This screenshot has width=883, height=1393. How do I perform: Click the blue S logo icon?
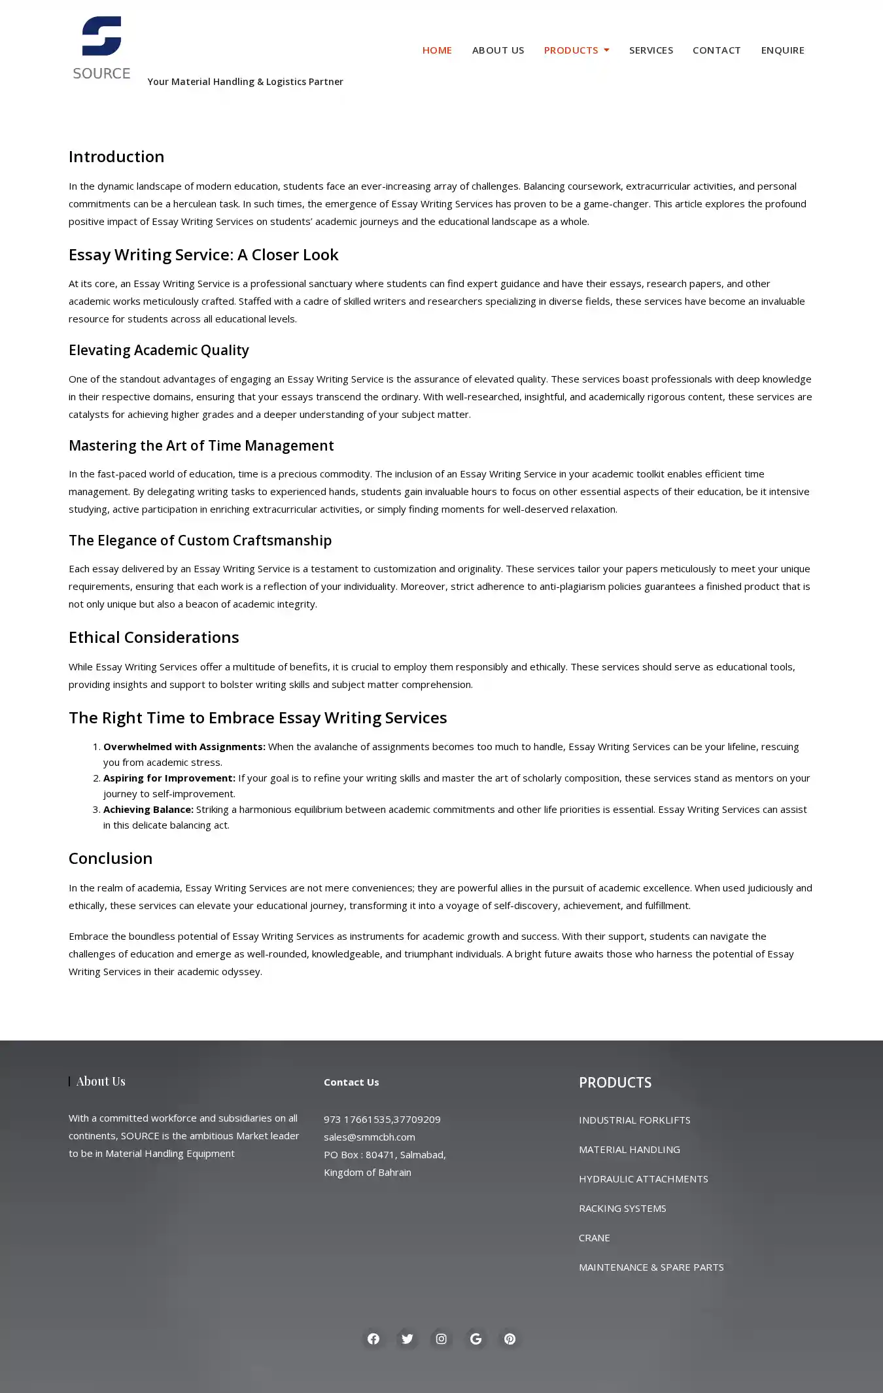point(101,36)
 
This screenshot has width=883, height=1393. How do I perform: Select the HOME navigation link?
point(437,50)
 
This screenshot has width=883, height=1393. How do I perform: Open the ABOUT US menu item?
point(498,50)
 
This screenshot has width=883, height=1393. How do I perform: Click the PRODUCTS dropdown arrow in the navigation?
point(606,50)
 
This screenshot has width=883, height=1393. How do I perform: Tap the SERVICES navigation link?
point(651,50)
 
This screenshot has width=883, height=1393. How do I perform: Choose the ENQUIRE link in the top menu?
point(782,50)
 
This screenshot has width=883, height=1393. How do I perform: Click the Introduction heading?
point(116,157)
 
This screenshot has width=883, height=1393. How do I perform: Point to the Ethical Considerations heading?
point(154,638)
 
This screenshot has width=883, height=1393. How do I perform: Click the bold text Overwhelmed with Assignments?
point(184,747)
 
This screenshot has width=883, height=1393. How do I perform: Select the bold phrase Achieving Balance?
point(148,810)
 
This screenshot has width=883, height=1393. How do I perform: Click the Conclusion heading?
point(111,859)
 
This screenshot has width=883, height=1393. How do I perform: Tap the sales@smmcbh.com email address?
point(370,1137)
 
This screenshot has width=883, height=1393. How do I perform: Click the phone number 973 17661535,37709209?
point(382,1120)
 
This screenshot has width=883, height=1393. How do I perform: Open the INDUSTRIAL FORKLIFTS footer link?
point(634,1120)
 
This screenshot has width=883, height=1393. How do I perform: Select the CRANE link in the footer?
point(594,1238)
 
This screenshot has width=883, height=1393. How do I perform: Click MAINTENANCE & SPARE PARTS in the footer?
point(651,1267)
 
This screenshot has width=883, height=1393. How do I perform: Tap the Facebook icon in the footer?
point(373,1339)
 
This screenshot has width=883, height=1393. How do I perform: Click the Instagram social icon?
point(441,1339)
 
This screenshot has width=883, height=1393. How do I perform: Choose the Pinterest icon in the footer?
point(510,1339)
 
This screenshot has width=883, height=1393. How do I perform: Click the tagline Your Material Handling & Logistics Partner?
point(245,82)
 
